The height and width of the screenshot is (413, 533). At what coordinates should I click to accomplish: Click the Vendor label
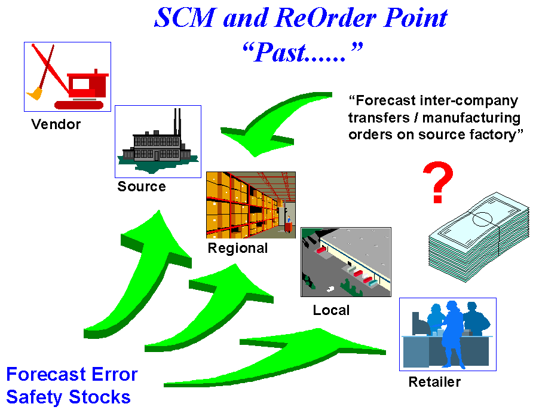[56, 125]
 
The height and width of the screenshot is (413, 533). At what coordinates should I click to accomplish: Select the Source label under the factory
[142, 186]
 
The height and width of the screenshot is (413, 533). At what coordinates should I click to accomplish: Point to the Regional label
[238, 248]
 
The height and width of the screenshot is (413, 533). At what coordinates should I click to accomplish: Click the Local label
[331, 311]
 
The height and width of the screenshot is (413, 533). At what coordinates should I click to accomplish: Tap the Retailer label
[434, 382]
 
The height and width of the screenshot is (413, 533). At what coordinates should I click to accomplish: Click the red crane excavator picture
[68, 77]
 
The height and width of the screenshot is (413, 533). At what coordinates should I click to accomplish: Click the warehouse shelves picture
[250, 205]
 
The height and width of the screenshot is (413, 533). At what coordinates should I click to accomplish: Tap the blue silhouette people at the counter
[448, 334]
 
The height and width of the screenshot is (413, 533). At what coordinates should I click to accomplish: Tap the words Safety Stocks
[68, 396]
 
